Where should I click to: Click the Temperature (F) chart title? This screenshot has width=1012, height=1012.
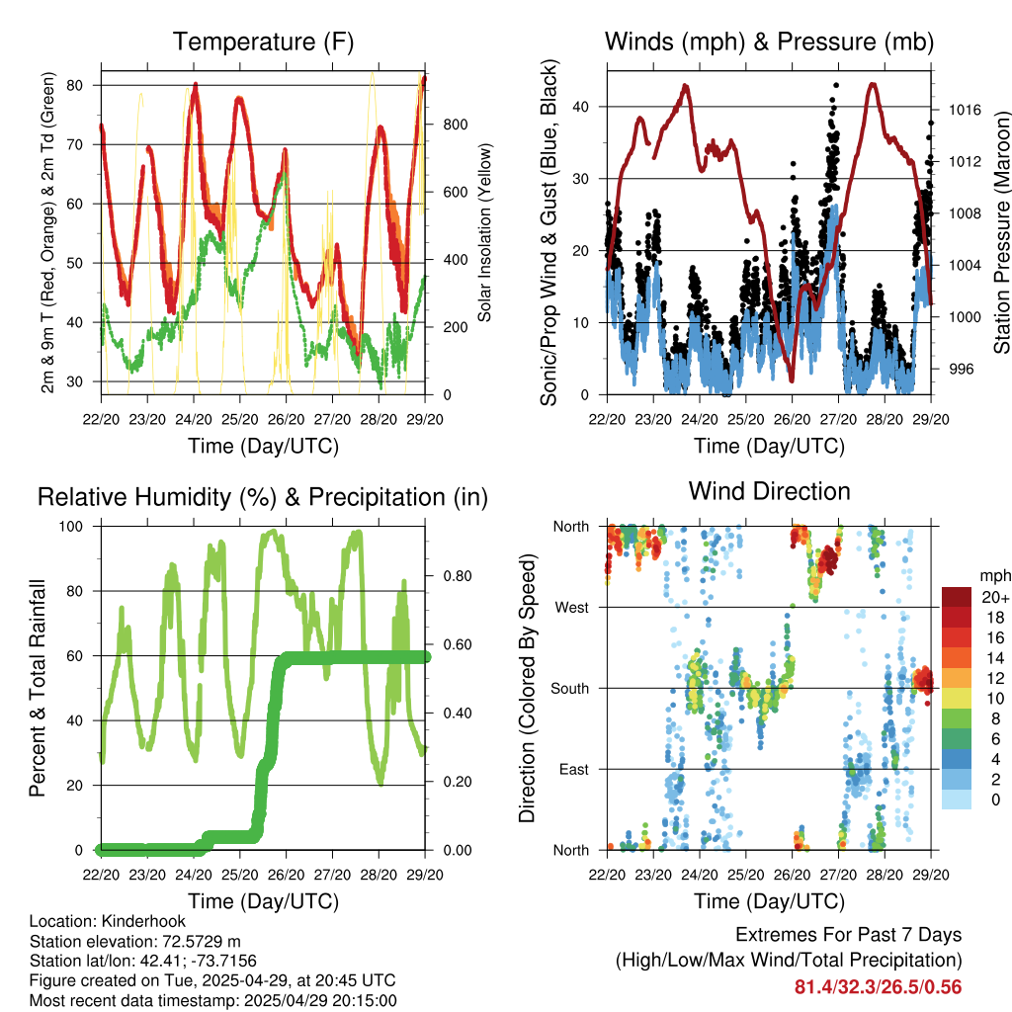[263, 42]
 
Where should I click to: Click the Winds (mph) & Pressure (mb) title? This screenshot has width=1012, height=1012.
[769, 42]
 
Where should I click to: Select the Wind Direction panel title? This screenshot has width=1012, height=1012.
[769, 491]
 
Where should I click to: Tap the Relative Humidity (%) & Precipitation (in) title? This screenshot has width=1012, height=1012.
[263, 498]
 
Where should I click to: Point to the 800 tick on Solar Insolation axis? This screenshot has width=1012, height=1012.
[455, 125]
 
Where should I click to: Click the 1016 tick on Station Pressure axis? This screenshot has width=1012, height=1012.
[965, 110]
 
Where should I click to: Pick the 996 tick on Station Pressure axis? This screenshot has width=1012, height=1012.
[961, 370]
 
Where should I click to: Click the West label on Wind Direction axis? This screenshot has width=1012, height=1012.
[572, 608]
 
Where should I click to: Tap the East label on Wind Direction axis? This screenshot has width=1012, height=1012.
[574, 769]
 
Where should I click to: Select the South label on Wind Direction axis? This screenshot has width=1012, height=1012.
[570, 689]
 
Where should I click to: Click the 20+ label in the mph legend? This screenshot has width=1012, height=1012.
[995, 597]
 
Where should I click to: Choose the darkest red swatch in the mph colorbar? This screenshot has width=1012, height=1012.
[957, 597]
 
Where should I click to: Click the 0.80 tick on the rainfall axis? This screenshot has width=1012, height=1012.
[458, 576]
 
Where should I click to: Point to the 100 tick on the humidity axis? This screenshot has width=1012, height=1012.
[71, 526]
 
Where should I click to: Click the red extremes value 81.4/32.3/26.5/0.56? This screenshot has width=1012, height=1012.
[878, 987]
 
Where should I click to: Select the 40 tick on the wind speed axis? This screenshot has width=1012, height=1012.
[581, 107]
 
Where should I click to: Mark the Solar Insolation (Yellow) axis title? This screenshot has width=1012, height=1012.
[484, 232]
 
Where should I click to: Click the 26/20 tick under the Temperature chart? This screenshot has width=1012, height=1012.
[286, 419]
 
